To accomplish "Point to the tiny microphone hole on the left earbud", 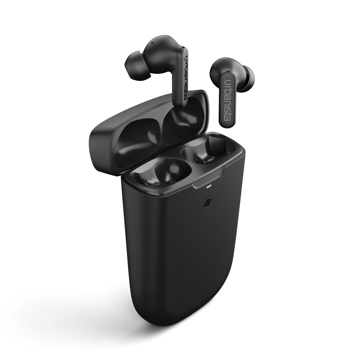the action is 152,43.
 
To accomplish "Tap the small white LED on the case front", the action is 208,187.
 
